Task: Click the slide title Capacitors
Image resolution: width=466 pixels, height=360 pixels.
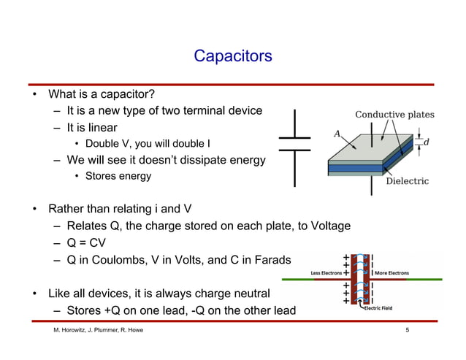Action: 232,56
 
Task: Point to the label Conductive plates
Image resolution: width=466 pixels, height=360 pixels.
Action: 394,115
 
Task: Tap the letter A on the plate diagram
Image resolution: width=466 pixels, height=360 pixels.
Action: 337,134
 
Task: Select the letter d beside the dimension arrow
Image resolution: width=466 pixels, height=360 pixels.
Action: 426,142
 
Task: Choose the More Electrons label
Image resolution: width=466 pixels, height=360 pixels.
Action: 391,274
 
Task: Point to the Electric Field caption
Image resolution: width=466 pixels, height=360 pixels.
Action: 378,308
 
